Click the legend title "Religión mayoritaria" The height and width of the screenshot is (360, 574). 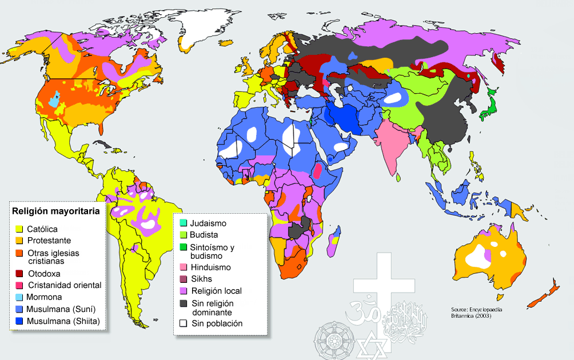coord(57,211)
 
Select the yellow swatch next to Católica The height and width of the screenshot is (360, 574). coord(19,229)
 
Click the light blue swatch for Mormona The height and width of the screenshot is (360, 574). coord(19,297)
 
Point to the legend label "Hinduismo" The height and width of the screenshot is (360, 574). coord(211,267)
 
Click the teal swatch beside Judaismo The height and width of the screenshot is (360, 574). coord(183,223)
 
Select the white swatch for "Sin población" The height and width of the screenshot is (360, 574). coord(183,323)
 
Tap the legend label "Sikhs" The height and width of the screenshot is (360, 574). coord(202,279)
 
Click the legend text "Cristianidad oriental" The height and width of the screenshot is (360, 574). coord(64,285)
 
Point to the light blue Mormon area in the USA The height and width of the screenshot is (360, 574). coord(54,101)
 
